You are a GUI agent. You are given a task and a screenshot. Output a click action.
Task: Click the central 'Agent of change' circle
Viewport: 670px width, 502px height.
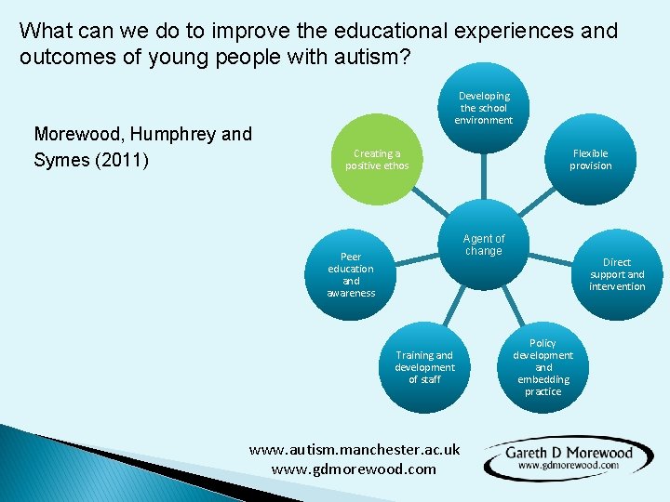483,245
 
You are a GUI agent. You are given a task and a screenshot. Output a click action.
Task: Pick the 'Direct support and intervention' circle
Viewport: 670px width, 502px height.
616,274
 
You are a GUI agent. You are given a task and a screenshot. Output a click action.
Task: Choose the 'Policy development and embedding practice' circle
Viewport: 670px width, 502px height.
543,367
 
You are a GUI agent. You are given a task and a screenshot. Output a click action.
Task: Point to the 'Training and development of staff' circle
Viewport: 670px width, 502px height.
424,367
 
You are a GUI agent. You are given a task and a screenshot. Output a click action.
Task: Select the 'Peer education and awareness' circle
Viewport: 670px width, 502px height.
351,274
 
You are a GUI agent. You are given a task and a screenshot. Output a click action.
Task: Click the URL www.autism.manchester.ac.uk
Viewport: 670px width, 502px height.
355,449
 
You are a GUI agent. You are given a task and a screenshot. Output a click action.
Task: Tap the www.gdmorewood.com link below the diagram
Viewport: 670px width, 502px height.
354,469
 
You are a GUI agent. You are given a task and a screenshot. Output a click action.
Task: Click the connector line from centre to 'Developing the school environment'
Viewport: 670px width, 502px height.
483,177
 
